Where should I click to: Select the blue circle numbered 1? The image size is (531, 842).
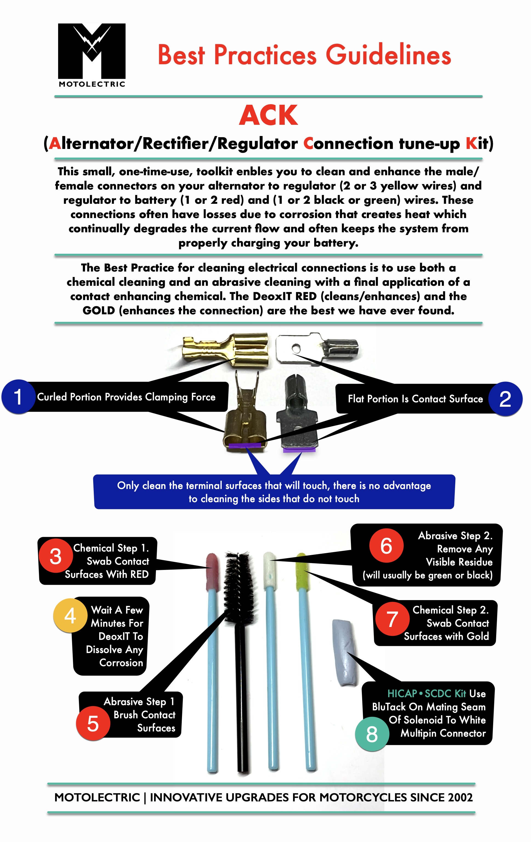18,397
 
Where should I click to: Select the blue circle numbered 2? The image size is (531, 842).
505,399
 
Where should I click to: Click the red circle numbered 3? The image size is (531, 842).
56,556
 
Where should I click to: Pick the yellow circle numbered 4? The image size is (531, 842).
70,616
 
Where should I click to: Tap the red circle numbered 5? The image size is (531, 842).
93,724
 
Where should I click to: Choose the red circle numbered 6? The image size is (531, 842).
386,546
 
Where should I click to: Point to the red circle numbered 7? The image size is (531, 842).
392,619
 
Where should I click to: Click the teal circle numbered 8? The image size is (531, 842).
372,734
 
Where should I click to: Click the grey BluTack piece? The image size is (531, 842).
345,652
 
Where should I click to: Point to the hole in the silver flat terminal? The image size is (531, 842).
296,348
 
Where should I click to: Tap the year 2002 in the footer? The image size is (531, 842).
460,798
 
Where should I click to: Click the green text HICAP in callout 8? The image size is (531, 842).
402,694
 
